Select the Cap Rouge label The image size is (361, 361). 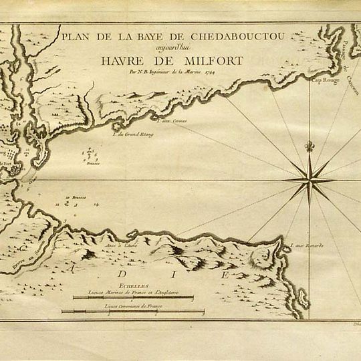(x=323, y=80)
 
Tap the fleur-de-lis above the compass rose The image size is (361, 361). (x=310, y=147)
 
